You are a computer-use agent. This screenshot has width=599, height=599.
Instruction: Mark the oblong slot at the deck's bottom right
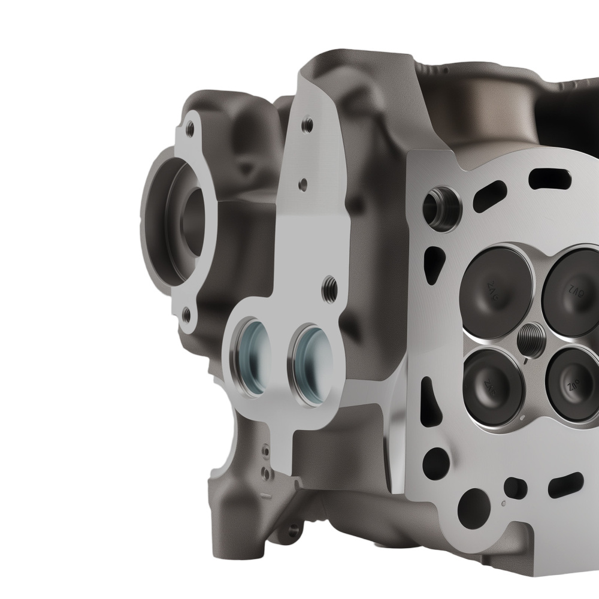(x=565, y=485)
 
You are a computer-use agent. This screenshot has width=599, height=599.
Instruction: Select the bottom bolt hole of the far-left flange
(x=186, y=313)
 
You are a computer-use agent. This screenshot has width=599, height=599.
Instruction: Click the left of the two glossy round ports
(x=252, y=359)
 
